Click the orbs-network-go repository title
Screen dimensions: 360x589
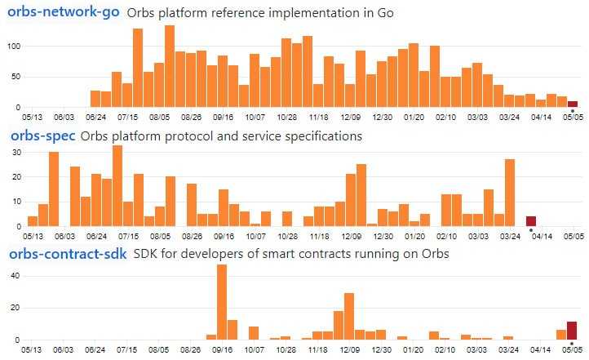coord(64,12)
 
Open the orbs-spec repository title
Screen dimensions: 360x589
coord(42,136)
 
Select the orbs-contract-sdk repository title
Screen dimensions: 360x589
coord(68,254)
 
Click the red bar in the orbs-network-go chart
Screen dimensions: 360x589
coord(573,104)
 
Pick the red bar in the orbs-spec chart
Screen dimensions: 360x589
coord(531,221)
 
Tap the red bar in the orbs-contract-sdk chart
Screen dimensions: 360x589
coord(572,331)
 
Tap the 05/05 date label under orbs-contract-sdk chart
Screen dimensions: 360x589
coord(572,350)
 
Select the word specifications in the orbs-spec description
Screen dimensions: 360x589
coord(320,136)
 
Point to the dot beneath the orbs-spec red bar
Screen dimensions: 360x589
coord(531,229)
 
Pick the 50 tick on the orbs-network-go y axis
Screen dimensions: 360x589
coord(15,77)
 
